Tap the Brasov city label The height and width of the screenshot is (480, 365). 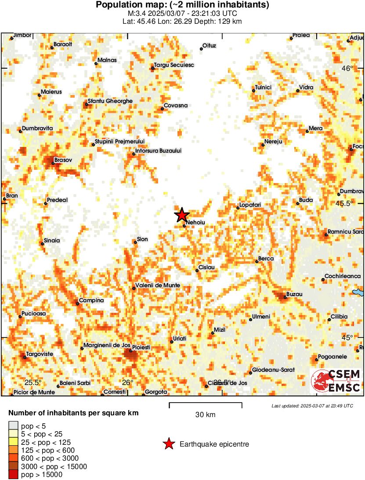point(63,160)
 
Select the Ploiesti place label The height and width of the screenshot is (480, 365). point(141,347)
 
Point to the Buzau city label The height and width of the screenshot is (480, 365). point(294,294)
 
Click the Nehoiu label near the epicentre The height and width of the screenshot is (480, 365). point(195,223)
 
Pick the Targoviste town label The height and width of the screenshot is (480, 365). point(40,354)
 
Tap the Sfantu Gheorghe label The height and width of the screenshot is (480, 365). point(110,101)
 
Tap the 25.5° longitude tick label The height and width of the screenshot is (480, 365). point(33,382)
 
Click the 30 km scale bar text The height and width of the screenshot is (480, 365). point(205,414)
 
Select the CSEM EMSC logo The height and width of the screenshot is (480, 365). point(336,381)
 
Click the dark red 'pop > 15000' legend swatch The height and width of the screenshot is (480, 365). point(13,474)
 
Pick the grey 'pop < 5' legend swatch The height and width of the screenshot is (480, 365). point(13,425)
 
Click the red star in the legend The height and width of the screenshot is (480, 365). point(169,444)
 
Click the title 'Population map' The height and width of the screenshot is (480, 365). point(182,5)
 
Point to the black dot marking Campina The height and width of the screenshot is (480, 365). point(77,303)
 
